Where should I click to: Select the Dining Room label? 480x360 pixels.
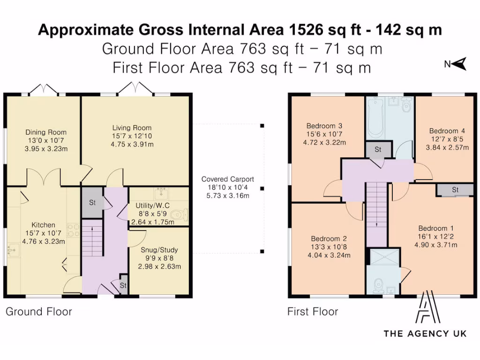point(46,132)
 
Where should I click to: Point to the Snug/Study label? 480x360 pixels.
point(159,250)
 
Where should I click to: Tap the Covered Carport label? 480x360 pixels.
point(227,179)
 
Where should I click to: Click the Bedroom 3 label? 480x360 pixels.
point(324,126)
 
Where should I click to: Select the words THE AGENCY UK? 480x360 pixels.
point(425,333)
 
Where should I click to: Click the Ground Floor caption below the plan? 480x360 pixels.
point(39,312)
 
